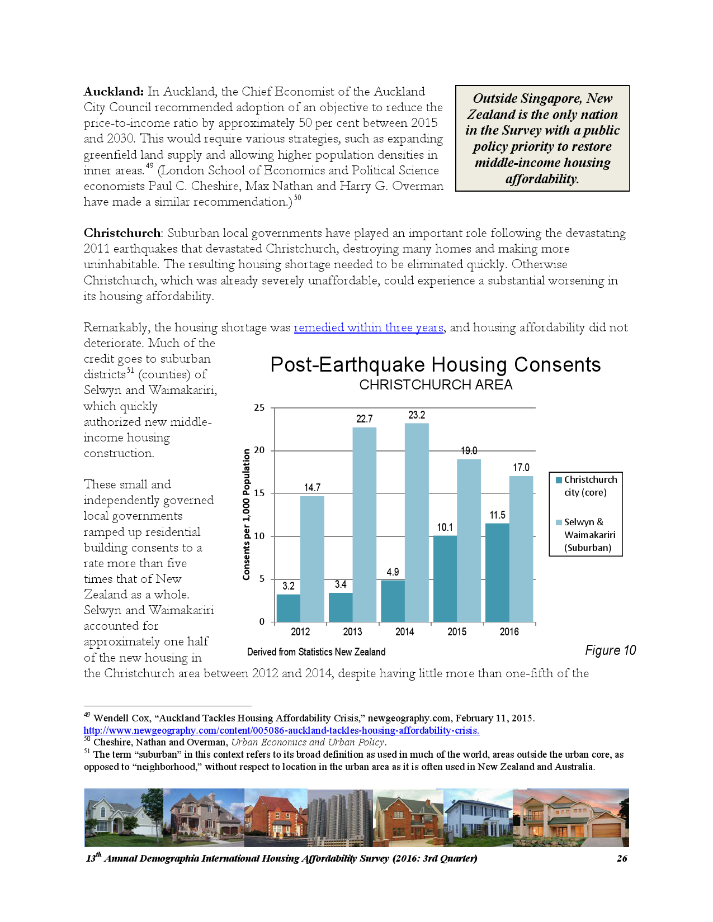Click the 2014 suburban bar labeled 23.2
417,522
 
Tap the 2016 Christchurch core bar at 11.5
497,572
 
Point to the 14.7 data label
313,488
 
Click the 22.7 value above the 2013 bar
365,419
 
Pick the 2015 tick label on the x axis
457,632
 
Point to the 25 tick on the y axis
259,408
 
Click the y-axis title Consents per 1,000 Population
247,514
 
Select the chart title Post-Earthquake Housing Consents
435,365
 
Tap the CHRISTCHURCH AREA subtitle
436,385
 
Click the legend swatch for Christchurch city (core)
559,480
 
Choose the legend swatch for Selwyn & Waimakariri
559,522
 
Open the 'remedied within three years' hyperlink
369,327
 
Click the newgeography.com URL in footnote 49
281,730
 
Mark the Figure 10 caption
610,650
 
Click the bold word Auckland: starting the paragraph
114,92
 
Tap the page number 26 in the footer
622,858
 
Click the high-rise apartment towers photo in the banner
340,818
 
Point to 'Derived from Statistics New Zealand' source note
316,652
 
